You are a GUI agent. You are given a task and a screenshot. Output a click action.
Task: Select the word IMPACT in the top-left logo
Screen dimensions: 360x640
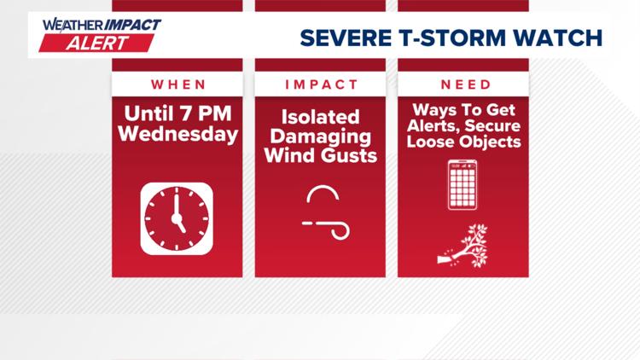(x=131, y=25)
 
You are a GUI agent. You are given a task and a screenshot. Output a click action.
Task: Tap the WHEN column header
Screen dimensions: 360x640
(x=177, y=84)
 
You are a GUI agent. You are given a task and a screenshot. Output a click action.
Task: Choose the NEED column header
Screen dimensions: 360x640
(x=463, y=84)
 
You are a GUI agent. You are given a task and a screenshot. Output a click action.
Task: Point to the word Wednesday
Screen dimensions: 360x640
(x=177, y=134)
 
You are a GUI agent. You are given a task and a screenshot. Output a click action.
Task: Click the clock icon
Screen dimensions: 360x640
(x=177, y=219)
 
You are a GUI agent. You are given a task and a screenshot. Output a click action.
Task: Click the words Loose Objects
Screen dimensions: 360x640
(x=463, y=142)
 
